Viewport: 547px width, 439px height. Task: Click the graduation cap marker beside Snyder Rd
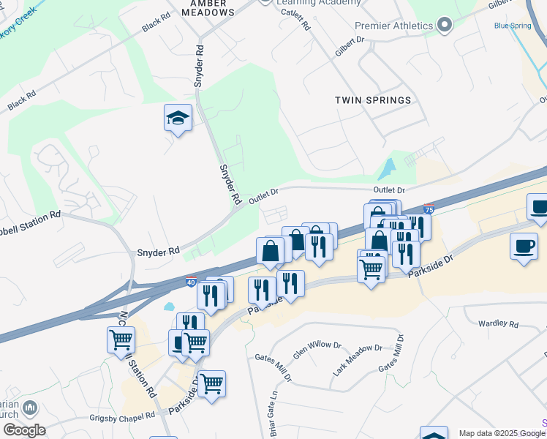(x=178, y=119)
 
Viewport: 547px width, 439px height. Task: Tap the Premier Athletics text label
(x=393, y=26)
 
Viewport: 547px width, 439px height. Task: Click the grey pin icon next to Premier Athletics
(x=445, y=26)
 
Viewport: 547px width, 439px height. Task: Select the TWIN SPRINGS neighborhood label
(x=373, y=100)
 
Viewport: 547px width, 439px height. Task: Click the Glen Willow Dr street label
(x=317, y=349)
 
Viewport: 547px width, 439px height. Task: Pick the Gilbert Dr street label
(x=350, y=46)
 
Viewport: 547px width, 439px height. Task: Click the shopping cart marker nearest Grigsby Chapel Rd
(x=211, y=383)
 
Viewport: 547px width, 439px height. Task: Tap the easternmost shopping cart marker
(x=371, y=268)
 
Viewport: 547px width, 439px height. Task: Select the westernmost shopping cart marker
(x=121, y=339)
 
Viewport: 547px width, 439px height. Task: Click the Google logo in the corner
(x=24, y=430)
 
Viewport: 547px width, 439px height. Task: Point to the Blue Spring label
(x=513, y=26)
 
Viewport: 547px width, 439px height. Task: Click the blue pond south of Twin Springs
(x=385, y=170)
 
